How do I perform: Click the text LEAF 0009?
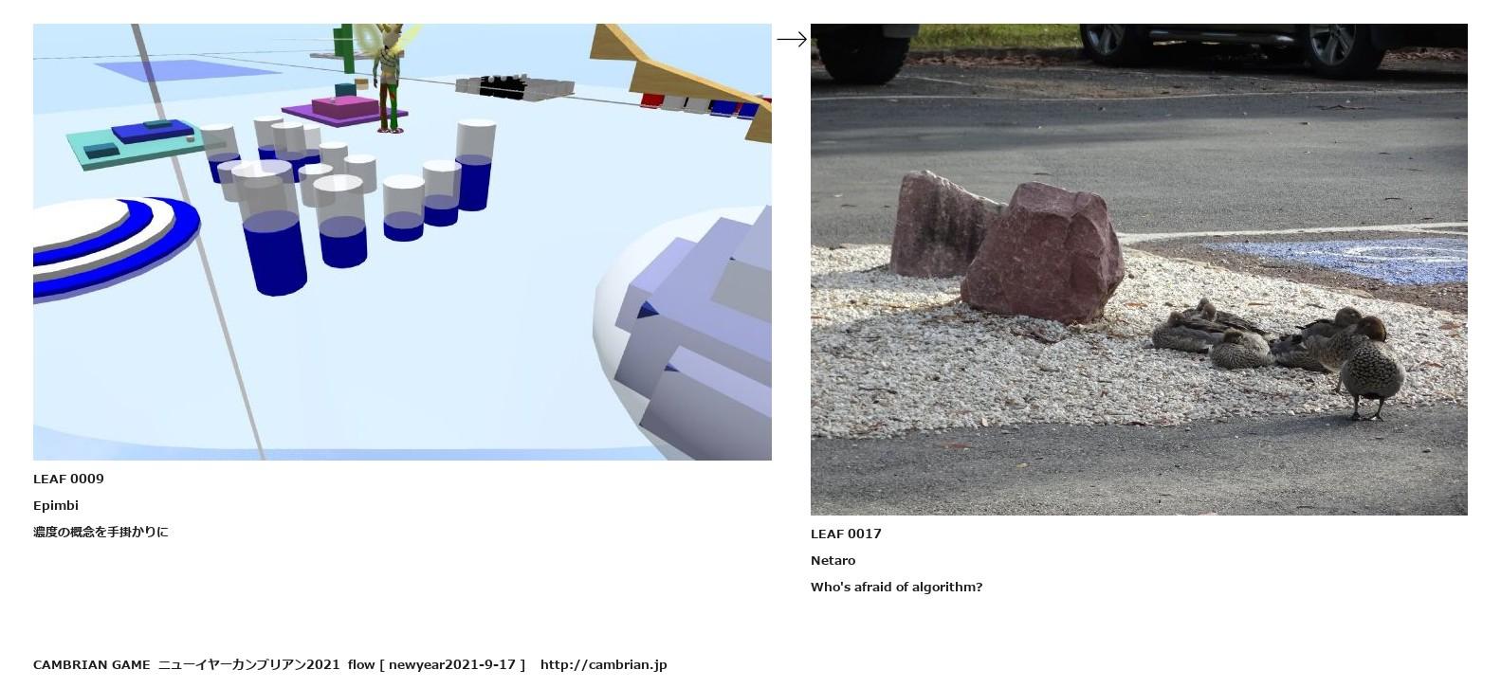[68, 479]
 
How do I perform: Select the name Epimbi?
[56, 506]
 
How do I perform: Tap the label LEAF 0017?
[846, 534]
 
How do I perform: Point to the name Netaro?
[833, 561]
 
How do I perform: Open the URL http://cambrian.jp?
[603, 664]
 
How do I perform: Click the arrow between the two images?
[792, 40]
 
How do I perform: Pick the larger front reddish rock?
[1043, 253]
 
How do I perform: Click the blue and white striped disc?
[114, 244]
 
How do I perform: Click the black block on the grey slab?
[503, 87]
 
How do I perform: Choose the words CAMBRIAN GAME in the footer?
[92, 664]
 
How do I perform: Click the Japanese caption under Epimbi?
[101, 532]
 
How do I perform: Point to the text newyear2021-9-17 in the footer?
[451, 664]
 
